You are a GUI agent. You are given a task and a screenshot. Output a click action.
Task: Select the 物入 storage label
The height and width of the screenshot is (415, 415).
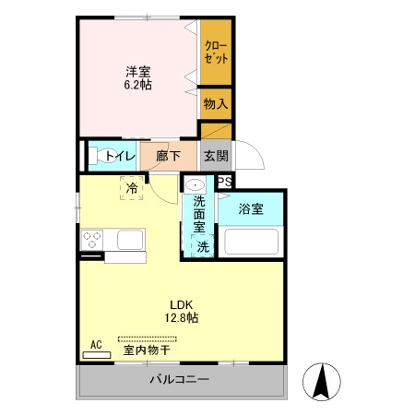pos(216,104)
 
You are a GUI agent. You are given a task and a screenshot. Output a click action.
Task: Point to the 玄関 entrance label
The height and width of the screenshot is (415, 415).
pos(216,156)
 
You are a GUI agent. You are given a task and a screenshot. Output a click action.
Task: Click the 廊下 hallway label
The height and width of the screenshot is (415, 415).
pos(168,156)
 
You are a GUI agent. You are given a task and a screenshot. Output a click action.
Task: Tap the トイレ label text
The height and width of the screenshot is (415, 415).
pos(120,156)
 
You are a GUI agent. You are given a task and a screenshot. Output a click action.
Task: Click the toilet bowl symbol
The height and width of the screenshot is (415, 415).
pos(96,156)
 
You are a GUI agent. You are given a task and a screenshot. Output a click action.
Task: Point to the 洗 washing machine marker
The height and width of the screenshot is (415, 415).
pos(203,246)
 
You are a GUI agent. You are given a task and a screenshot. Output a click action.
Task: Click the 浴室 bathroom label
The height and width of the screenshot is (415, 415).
pos(251,209)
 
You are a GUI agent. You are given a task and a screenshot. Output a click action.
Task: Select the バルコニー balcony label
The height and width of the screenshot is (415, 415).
pos(182,380)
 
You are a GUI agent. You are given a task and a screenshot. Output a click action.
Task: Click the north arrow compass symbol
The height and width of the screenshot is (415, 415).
pos(323,382)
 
